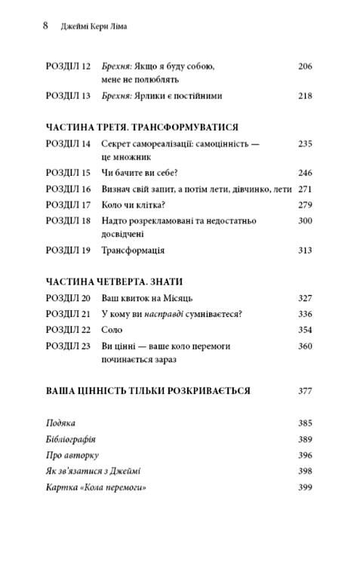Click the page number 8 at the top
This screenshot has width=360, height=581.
45,25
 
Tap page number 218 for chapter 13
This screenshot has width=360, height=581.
305,96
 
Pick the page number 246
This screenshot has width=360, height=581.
305,172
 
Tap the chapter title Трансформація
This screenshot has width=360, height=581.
134,250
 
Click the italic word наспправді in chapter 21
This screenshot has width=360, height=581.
171,314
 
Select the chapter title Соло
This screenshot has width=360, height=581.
112,330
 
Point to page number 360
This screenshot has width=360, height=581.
305,346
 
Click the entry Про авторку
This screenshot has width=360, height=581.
72,455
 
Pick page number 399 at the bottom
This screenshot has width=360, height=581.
305,487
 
